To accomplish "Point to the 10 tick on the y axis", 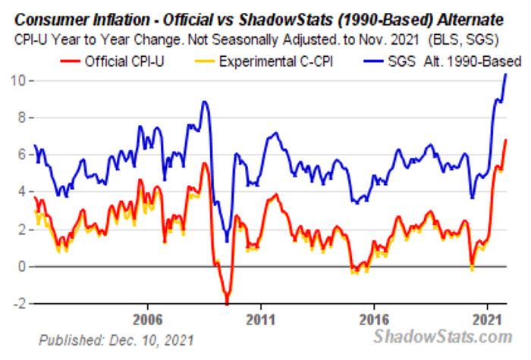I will click(x=17, y=80).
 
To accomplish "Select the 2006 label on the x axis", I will click(x=148, y=319).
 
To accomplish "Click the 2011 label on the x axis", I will click(x=261, y=319).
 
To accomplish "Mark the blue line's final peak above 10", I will click(x=506, y=74).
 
